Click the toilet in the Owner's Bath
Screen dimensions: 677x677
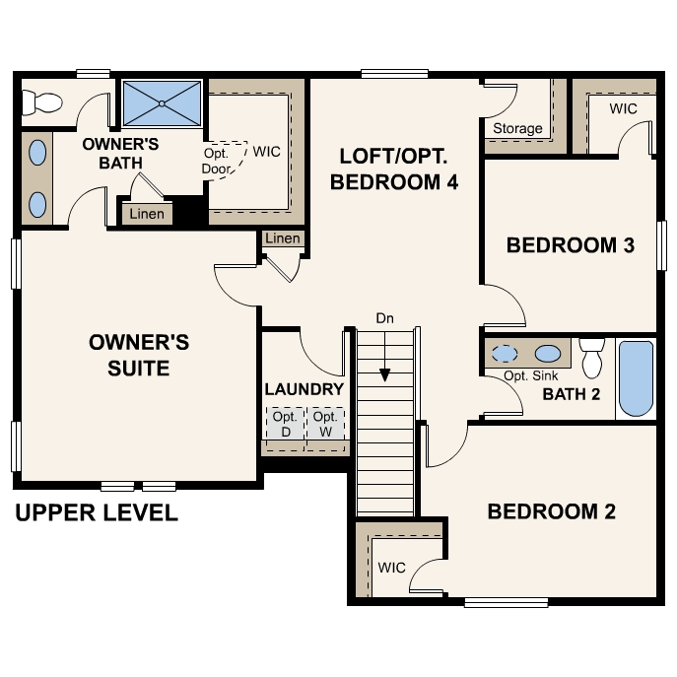(x=42, y=101)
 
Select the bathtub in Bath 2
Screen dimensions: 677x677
(x=636, y=378)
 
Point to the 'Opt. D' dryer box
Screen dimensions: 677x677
(x=284, y=424)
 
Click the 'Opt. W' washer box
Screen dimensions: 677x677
(x=325, y=424)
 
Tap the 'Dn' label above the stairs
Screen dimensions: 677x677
(x=385, y=318)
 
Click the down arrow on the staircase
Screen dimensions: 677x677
(x=385, y=374)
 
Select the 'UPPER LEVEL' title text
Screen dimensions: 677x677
(x=97, y=513)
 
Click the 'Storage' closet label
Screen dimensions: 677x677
(x=517, y=128)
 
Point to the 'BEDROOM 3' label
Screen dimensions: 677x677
(x=570, y=245)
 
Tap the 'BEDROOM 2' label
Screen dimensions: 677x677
(x=551, y=511)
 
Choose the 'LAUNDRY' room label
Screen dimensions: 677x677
(x=305, y=389)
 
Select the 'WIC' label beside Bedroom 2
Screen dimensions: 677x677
(x=391, y=568)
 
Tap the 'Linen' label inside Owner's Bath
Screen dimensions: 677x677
(x=147, y=214)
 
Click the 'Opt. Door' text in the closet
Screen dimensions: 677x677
(x=218, y=162)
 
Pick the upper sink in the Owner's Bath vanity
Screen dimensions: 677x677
(x=37, y=153)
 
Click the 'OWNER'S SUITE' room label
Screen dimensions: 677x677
(x=138, y=355)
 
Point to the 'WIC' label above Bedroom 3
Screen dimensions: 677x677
(x=623, y=107)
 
